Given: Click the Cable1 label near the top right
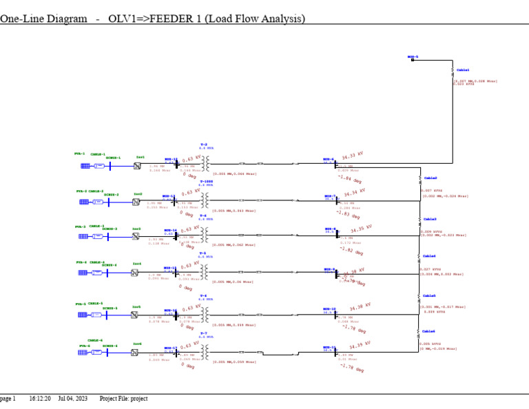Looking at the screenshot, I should pyautogui.click(x=463, y=70).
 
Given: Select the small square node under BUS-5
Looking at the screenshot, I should pyautogui.click(x=413, y=60).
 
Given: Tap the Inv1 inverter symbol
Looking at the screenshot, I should pyautogui.click(x=135, y=165).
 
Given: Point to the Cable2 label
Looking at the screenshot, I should pyautogui.click(x=430, y=178).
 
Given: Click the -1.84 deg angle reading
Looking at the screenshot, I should pyautogui.click(x=349, y=181).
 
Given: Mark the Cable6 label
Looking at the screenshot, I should pyautogui.click(x=428, y=331).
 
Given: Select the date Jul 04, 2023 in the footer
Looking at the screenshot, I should pyautogui.click(x=72, y=398).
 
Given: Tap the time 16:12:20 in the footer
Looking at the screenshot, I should pyautogui.click(x=39, y=398).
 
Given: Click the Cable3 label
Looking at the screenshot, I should pyautogui.click(x=430, y=219).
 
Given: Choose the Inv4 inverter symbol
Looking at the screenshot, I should pyautogui.click(x=135, y=273).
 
